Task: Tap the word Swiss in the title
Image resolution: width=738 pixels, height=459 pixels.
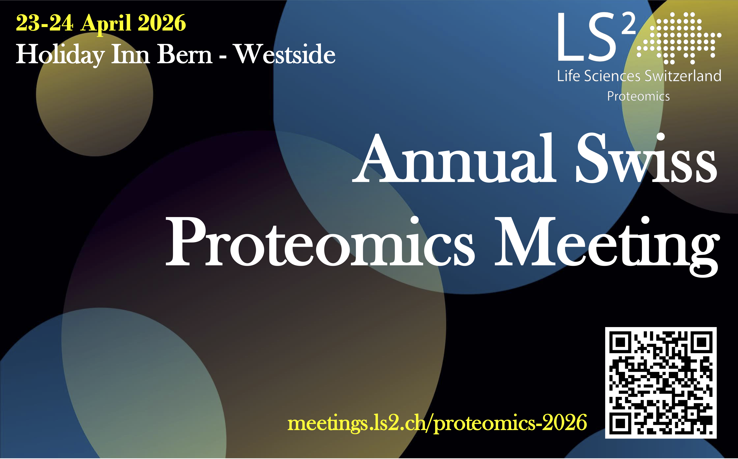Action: point(646,158)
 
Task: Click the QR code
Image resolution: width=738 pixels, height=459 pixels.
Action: point(661,383)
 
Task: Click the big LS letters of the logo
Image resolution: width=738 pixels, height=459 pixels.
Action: point(587,37)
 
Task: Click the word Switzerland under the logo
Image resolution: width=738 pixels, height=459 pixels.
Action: point(683,76)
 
